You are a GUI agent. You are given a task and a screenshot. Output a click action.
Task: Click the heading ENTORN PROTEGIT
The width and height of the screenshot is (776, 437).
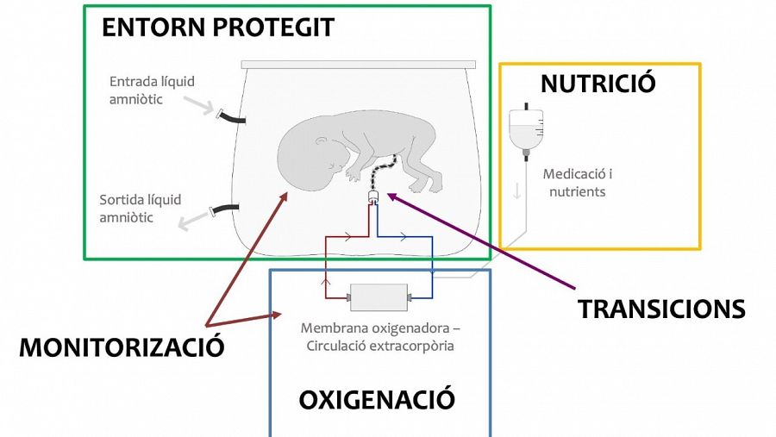pyautogui.click(x=217, y=28)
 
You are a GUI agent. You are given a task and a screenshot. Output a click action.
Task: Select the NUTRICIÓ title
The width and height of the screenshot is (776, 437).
pyautogui.click(x=598, y=84)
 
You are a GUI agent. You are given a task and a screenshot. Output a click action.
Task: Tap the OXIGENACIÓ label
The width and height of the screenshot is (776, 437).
pyautogui.click(x=376, y=400)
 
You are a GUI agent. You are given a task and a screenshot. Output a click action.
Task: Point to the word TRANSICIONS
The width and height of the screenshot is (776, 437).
pyautogui.click(x=661, y=309)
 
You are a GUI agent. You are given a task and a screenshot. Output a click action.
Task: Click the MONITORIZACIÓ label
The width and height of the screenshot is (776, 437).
pyautogui.click(x=122, y=347)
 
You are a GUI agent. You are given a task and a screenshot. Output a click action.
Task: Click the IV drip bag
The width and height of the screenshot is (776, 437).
pyautogui.click(x=523, y=128)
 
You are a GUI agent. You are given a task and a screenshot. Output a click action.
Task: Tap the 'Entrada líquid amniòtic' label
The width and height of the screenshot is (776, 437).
pyautogui.click(x=152, y=91)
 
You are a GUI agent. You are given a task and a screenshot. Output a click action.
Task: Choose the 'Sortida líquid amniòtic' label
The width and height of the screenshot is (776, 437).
pyautogui.click(x=141, y=209)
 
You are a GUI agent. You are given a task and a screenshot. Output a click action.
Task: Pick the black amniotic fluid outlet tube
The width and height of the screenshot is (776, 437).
pyautogui.click(x=227, y=209)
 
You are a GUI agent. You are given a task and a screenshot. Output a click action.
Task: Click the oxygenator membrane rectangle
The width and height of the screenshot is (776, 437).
pyautogui.click(x=379, y=298)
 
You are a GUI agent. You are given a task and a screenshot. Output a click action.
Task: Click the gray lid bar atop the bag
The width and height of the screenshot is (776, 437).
pyautogui.click(x=358, y=65)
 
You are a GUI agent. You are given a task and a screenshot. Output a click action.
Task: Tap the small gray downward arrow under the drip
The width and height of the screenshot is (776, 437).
pyautogui.click(x=517, y=190)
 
